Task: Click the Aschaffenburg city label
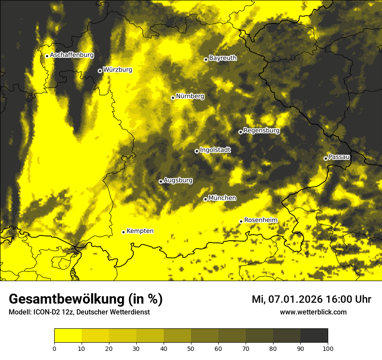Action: (x=72, y=55)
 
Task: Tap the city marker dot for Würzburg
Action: (x=100, y=71)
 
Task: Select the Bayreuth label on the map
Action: (x=223, y=58)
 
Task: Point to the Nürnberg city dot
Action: (x=173, y=98)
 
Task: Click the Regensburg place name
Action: (x=261, y=130)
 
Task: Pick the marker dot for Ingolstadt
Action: (x=197, y=151)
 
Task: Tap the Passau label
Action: (x=339, y=157)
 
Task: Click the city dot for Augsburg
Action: (x=161, y=181)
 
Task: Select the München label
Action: (x=222, y=198)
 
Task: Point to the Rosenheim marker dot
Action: (x=241, y=221)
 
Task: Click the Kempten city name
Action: (x=140, y=231)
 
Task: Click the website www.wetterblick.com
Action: (x=313, y=312)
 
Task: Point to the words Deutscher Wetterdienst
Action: (x=115, y=312)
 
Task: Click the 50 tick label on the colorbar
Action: (x=191, y=348)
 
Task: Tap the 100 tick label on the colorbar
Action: (x=328, y=348)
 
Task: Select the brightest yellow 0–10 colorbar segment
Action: (x=68, y=336)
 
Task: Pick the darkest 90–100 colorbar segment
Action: (x=314, y=336)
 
